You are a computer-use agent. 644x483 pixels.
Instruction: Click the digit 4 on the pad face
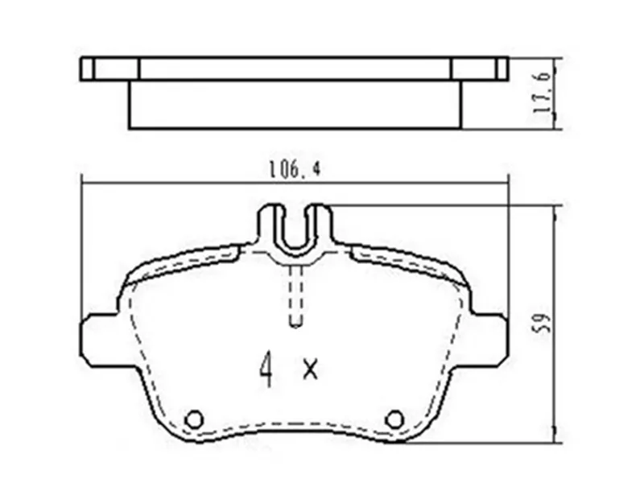266,369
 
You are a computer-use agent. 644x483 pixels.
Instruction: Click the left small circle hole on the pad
193,419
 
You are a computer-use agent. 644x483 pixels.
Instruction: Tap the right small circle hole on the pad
394,419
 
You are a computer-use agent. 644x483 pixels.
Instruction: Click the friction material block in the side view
295,104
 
